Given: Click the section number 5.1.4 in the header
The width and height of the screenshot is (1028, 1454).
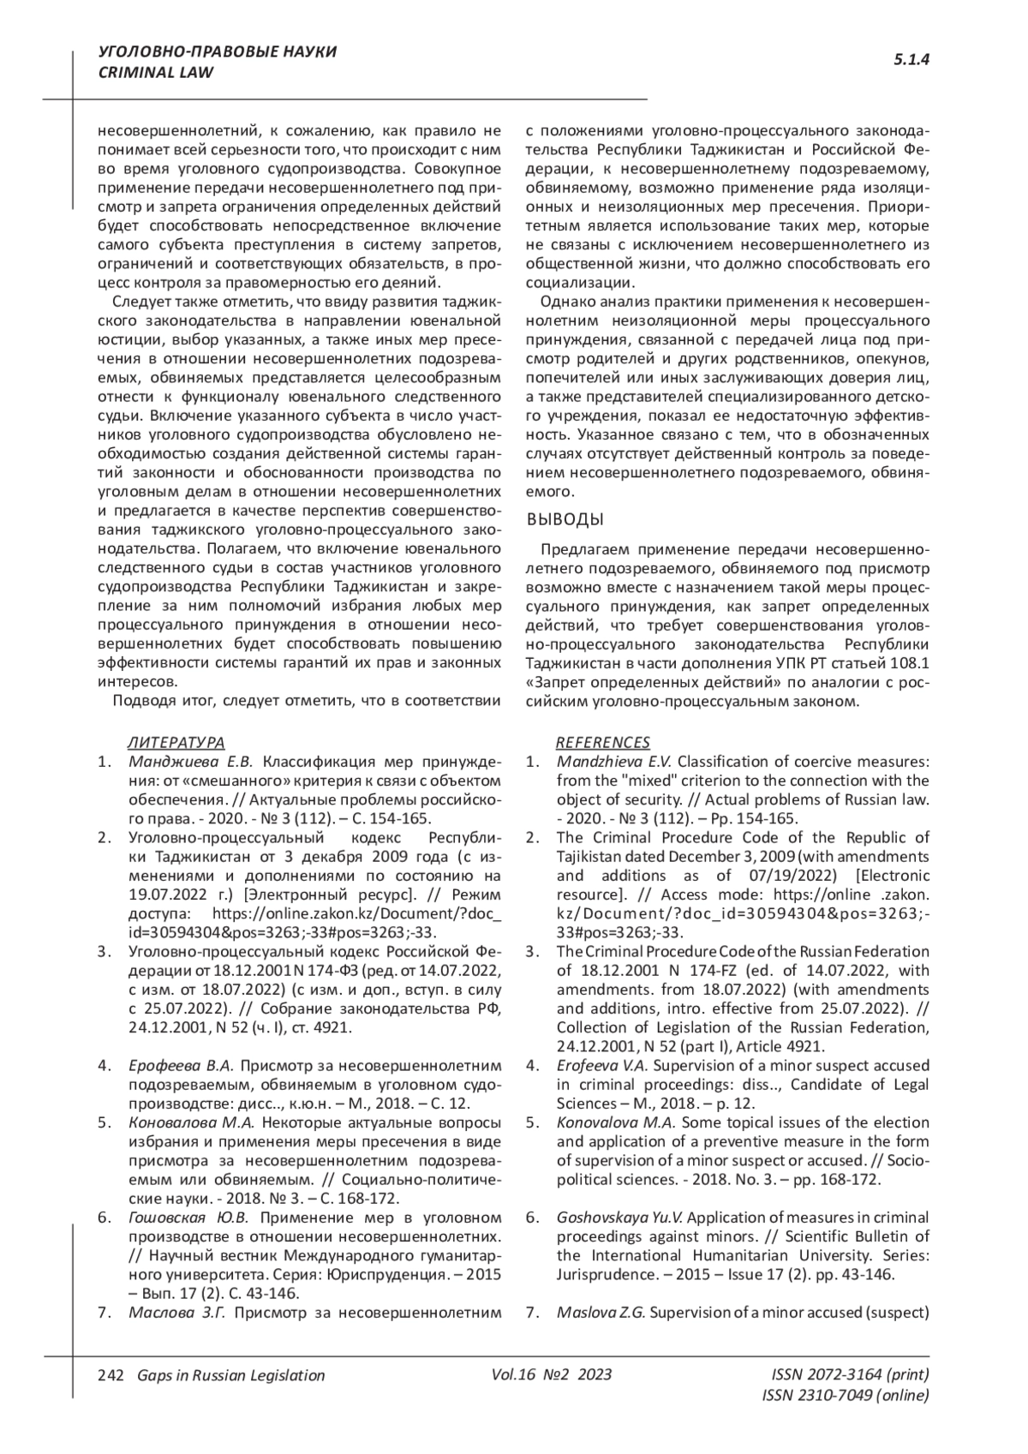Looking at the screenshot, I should click(x=911, y=60).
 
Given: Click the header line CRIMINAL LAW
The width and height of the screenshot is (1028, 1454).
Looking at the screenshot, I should click(x=156, y=73).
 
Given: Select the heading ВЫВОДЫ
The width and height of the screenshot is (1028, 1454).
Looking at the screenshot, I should click(x=565, y=519).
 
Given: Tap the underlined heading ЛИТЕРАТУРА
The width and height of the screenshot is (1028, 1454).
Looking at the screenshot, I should click(x=176, y=742).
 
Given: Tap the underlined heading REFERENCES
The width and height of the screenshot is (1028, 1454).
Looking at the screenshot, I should click(x=602, y=742).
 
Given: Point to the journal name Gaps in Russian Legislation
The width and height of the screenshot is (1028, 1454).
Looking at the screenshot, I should click(x=225, y=1375).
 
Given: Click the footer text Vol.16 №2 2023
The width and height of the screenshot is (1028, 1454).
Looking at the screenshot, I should click(x=552, y=1374).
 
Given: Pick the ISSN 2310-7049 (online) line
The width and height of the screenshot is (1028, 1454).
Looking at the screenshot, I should click(x=845, y=1395).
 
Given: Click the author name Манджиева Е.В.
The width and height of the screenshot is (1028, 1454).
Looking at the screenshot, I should click(x=190, y=762).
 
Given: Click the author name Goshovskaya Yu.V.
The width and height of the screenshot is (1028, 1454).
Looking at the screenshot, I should click(x=619, y=1217).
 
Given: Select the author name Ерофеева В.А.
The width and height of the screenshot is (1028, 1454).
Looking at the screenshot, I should click(x=181, y=1065).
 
